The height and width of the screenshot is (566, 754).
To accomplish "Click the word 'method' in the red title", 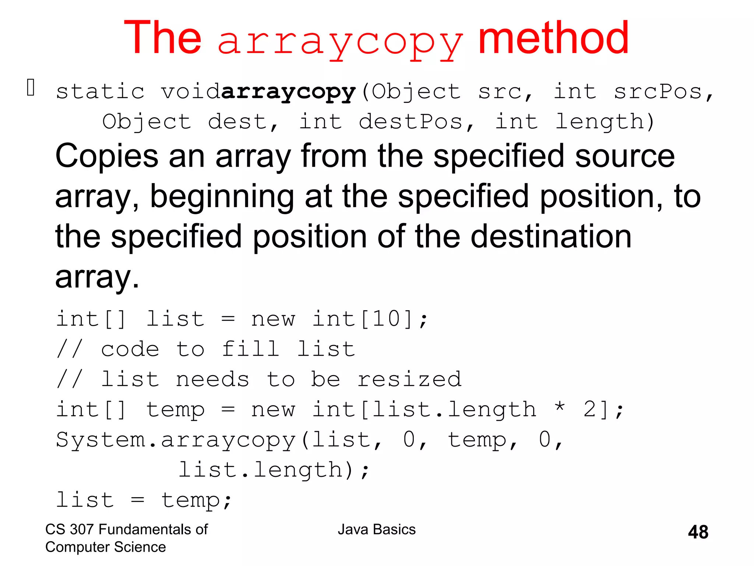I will click(553, 38).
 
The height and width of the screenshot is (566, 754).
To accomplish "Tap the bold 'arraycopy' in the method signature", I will click(289, 92).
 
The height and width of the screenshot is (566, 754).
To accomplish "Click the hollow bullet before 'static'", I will click(31, 88).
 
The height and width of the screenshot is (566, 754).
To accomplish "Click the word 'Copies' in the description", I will click(107, 156).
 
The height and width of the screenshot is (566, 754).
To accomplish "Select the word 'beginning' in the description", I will click(222, 197).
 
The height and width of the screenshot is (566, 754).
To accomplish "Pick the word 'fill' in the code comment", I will click(250, 349).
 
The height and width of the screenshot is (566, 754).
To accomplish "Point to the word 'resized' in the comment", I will click(409, 379).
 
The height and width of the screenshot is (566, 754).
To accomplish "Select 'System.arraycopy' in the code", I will click(176, 440).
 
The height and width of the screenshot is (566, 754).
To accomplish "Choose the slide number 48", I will click(698, 532).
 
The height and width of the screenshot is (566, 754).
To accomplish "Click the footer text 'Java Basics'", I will click(377, 530).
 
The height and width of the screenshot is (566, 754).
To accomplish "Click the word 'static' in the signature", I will click(100, 92).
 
